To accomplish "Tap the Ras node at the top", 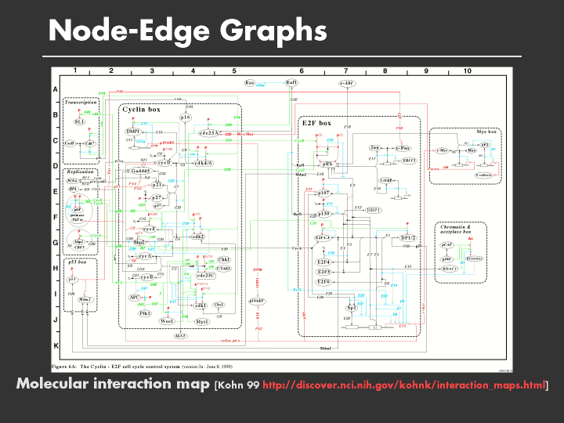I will tap(251, 82).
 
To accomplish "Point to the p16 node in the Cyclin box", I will tap(186, 117).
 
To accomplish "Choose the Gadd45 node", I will tap(141, 171).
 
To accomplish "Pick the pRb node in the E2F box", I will tap(328, 164).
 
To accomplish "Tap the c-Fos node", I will tap(403, 147).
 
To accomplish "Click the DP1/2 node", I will tap(408, 237).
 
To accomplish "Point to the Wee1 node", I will tap(166, 321).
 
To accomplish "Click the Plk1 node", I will tap(145, 313).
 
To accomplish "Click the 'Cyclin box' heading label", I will tap(142, 110).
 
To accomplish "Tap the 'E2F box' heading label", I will tap(316, 123).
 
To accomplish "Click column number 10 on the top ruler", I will tap(467, 71).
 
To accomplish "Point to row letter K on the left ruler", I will tap(56, 345).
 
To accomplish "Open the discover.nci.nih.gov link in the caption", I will tap(404, 385).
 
